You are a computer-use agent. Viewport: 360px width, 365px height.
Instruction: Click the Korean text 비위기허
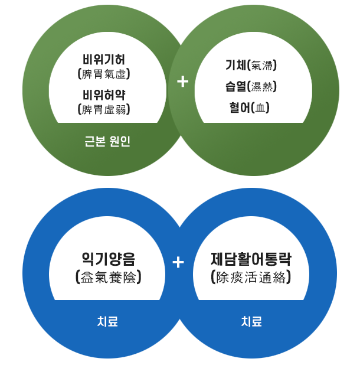pyautogui.click(x=104, y=60)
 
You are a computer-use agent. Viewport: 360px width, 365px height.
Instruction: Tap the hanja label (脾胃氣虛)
pyautogui.click(x=104, y=74)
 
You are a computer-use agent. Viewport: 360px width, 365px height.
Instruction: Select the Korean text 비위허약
pyautogui.click(x=104, y=94)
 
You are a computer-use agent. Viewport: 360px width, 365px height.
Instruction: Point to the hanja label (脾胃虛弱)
pyautogui.click(x=104, y=109)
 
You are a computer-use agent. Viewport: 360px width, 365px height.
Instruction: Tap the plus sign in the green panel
pyautogui.click(x=182, y=82)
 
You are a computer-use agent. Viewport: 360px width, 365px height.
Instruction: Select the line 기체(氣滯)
pyautogui.click(x=251, y=66)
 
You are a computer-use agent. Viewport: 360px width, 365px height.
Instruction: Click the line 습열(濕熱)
pyautogui.click(x=251, y=87)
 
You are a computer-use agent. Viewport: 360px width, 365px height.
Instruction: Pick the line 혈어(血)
pyautogui.click(x=250, y=107)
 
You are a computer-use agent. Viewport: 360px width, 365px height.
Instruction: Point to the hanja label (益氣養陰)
pyautogui.click(x=108, y=277)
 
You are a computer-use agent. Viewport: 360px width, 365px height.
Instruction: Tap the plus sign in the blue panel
pyautogui.click(x=179, y=261)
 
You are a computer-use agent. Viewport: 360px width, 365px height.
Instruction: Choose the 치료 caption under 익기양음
pyautogui.click(x=107, y=322)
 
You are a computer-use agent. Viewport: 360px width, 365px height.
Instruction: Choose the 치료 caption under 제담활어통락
pyautogui.click(x=251, y=322)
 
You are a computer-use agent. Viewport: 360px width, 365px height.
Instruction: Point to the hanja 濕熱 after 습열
pyautogui.click(x=262, y=87)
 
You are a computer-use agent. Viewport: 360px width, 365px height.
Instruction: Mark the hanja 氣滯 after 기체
pyautogui.click(x=263, y=66)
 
